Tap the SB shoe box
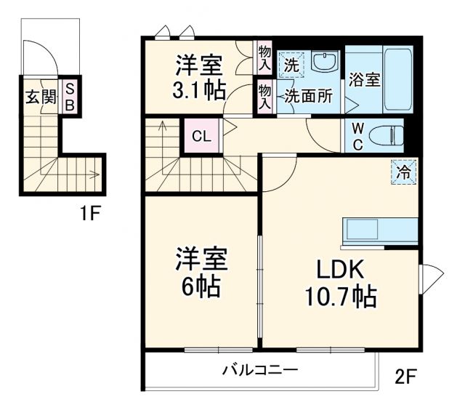click(70, 97)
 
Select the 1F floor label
click(91, 214)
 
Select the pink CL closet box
click(201, 136)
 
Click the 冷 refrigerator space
click(403, 172)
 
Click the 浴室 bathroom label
click(363, 80)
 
